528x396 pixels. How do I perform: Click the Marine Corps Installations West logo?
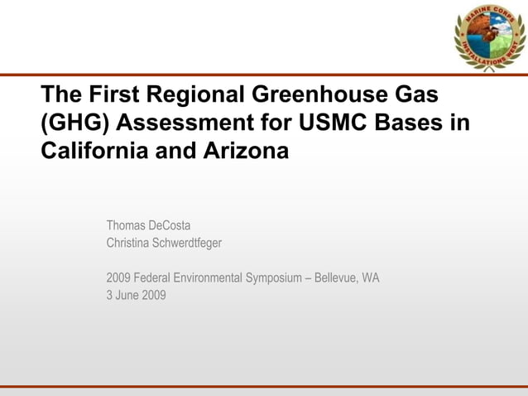[x=489, y=36]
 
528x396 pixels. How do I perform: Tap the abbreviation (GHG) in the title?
[x=74, y=123]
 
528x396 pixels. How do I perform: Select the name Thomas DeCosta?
[x=149, y=225]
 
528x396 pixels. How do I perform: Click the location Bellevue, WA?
[x=348, y=278]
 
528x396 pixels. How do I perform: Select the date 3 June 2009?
[x=136, y=295]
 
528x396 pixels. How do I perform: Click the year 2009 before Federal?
[x=118, y=278]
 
